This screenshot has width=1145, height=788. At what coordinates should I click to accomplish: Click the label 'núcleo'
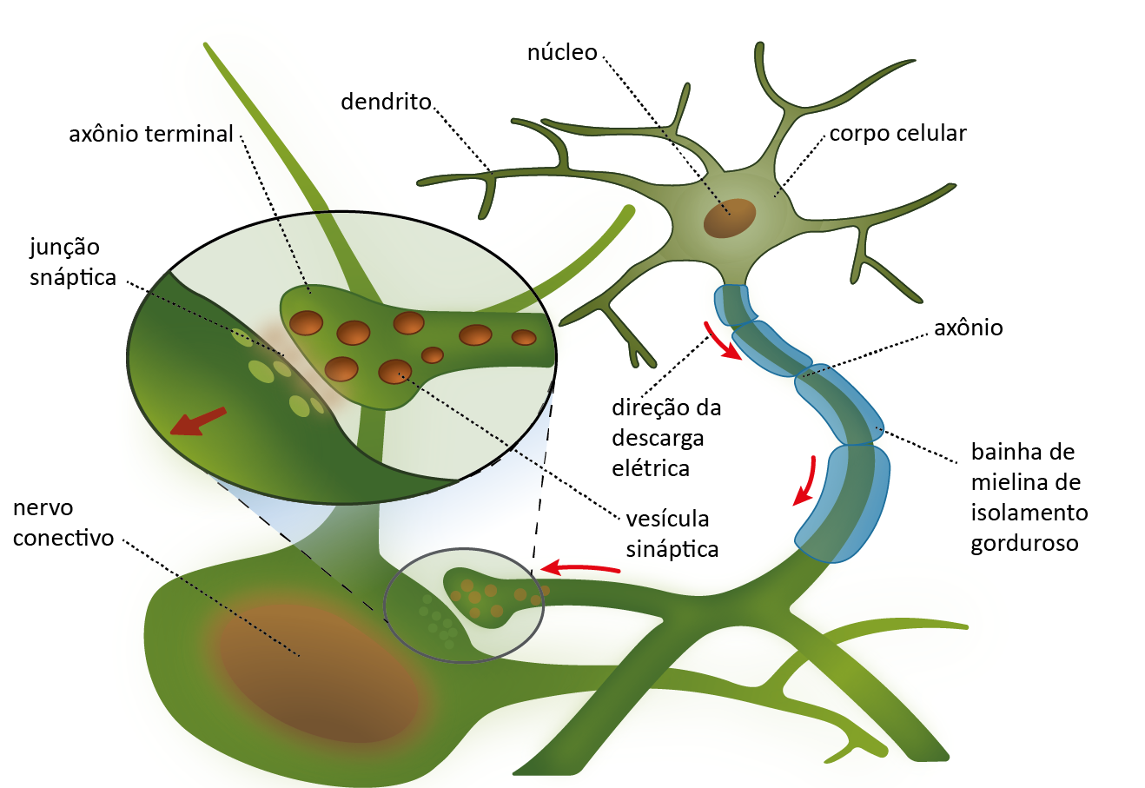point(562,53)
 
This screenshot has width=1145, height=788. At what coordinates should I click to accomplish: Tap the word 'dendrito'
point(386,103)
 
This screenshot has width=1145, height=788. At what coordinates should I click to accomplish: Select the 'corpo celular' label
point(897,134)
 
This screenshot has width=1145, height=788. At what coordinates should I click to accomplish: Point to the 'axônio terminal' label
point(151,135)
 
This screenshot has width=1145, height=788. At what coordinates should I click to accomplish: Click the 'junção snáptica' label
point(73,262)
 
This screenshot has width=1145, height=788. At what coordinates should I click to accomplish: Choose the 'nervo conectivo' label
point(63,523)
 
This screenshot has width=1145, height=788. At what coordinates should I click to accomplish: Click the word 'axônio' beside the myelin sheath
point(968,328)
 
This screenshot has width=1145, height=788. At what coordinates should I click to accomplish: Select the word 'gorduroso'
point(1024,544)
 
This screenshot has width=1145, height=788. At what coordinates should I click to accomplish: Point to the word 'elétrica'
point(651,469)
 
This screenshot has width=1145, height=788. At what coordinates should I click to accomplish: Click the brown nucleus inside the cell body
point(729,218)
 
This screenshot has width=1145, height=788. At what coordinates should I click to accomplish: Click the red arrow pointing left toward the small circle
point(580,569)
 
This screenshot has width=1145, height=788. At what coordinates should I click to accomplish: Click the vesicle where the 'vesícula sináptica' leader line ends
point(395,372)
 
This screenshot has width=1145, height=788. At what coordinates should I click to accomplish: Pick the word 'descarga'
point(658,439)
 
